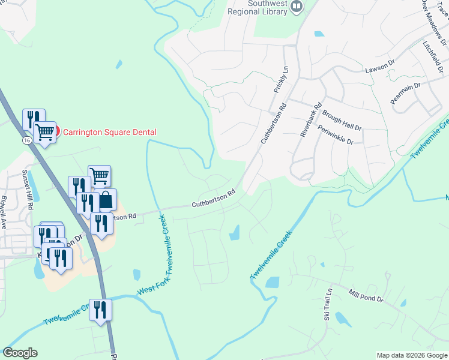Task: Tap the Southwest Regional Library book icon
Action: click(296, 7)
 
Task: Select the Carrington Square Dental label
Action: click(110, 132)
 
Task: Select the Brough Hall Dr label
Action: click(342, 119)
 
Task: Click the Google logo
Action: click(20, 353)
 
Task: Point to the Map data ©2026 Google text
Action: click(412, 355)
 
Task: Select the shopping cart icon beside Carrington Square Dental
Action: click(45, 132)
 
